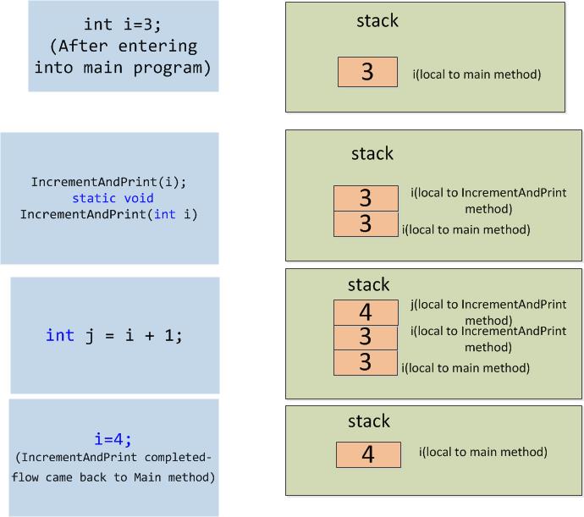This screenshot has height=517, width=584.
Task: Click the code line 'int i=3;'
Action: (x=123, y=25)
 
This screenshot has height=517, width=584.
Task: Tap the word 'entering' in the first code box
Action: (x=157, y=47)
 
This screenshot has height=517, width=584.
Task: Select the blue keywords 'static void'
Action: (x=113, y=198)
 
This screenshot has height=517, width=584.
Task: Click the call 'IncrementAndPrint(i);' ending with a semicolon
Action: (x=108, y=182)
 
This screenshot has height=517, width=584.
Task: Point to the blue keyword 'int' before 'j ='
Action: (x=60, y=335)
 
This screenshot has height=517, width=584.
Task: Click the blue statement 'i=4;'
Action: (x=113, y=439)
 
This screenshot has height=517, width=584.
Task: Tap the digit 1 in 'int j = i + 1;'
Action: (x=168, y=335)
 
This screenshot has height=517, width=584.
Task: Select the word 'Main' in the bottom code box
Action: (x=147, y=477)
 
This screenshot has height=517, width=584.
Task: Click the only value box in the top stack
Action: (x=367, y=72)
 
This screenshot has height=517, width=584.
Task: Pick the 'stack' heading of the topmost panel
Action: (x=377, y=21)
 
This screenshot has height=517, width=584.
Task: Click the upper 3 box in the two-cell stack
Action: (x=366, y=198)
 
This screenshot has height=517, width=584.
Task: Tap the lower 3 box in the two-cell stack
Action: (x=366, y=224)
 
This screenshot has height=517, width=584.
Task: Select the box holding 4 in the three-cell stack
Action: (x=366, y=312)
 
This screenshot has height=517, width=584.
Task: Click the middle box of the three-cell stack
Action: (x=366, y=338)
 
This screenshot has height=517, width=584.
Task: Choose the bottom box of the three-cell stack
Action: (x=366, y=362)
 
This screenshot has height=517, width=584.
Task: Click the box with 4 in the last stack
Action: (x=368, y=454)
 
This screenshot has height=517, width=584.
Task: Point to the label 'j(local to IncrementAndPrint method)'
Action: (x=488, y=312)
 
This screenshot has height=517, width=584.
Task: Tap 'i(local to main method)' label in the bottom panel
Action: (x=483, y=452)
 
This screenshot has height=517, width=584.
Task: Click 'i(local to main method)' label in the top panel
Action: (x=477, y=74)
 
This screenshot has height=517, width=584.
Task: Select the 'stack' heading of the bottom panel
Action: (x=369, y=421)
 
